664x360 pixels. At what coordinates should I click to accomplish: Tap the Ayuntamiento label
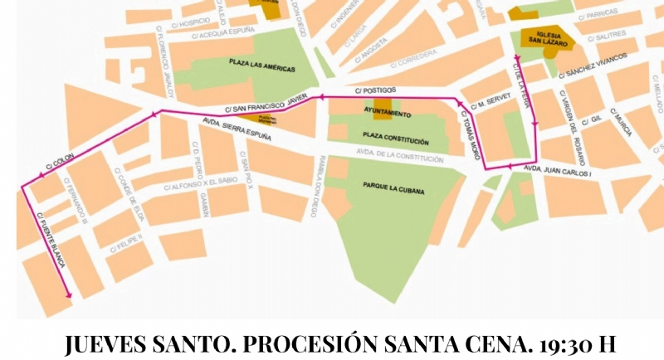coord(388,113)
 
